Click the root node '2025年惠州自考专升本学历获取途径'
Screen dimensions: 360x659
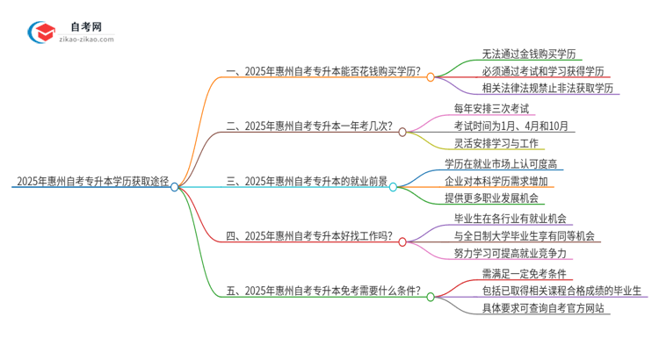tap(91, 184)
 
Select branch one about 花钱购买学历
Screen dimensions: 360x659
tap(322, 73)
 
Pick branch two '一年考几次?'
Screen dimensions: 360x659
tap(310, 127)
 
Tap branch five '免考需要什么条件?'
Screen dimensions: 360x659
tap(322, 292)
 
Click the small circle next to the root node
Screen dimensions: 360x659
tap(175, 187)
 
